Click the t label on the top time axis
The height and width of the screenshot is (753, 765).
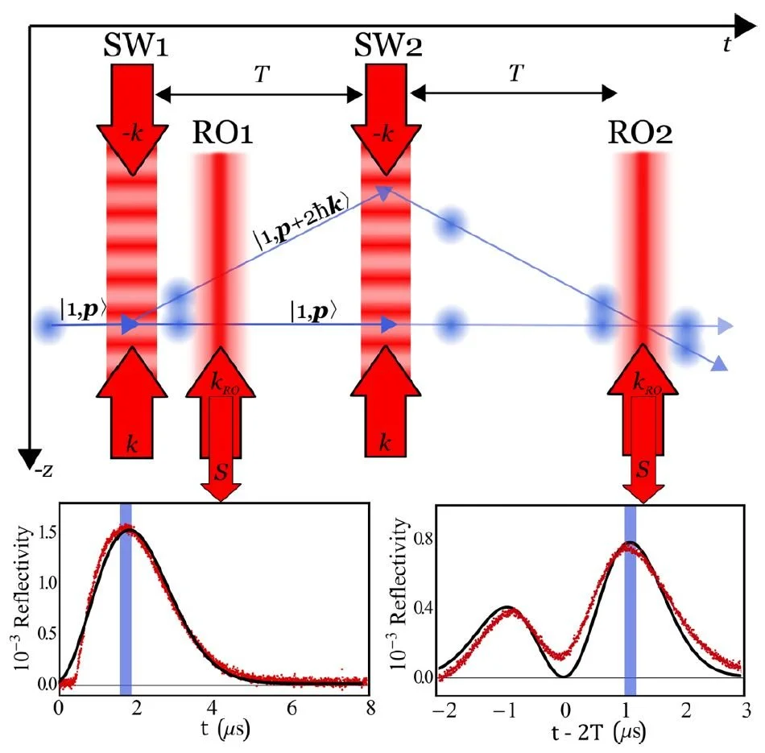726,45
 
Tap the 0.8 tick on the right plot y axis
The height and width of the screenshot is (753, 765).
418,537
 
